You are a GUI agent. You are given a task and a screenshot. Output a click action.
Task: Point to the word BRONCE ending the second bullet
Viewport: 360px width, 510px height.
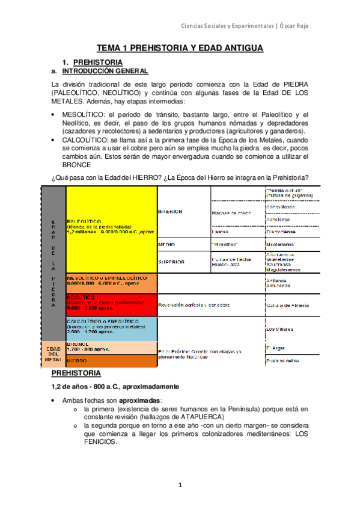point(76,165)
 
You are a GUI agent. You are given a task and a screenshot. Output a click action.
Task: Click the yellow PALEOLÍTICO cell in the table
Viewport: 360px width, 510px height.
point(111,229)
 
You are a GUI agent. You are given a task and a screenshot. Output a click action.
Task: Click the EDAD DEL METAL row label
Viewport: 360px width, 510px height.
point(52,354)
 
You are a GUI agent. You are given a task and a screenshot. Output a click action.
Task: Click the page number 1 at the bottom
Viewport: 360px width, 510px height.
point(180,485)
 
